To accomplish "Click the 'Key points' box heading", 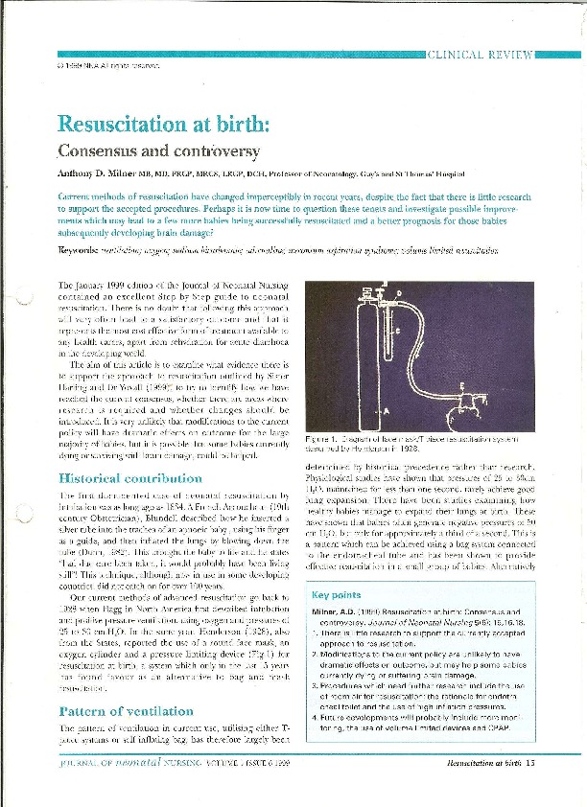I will (x=335, y=594).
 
